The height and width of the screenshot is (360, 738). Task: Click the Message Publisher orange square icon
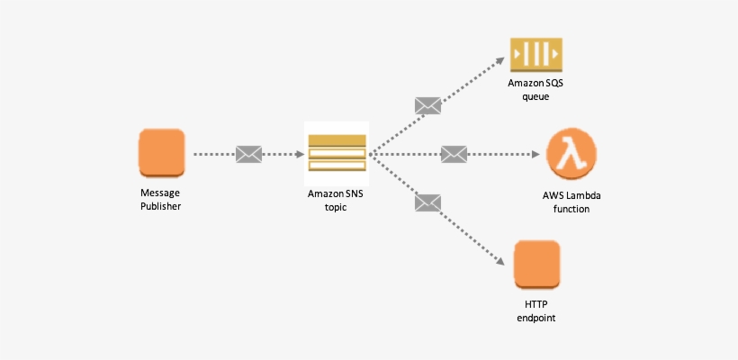pyautogui.click(x=161, y=151)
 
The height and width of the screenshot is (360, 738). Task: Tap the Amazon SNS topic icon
pyautogui.click(x=337, y=153)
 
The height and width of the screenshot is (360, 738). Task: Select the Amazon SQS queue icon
pyautogui.click(x=535, y=55)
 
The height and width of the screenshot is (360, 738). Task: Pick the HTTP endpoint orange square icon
pyautogui.click(x=536, y=263)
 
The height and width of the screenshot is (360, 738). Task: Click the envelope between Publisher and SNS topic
pyautogui.click(x=248, y=154)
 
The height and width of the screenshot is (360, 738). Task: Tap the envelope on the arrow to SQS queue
pyautogui.click(x=427, y=105)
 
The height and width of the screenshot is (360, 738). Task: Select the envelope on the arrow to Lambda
pyautogui.click(x=454, y=154)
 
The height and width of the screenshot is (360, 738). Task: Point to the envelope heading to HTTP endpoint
pyautogui.click(x=427, y=202)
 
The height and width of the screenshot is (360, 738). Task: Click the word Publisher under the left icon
pyautogui.click(x=161, y=207)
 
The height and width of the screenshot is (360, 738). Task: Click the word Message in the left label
pyautogui.click(x=161, y=193)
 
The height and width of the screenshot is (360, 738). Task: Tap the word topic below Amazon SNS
pyautogui.click(x=336, y=207)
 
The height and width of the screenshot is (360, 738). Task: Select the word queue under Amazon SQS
pyautogui.click(x=535, y=96)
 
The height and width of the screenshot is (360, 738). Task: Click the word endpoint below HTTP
pyautogui.click(x=536, y=318)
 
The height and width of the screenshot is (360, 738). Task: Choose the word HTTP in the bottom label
pyautogui.click(x=536, y=304)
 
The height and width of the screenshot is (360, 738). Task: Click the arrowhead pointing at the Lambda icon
pyautogui.click(x=533, y=154)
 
